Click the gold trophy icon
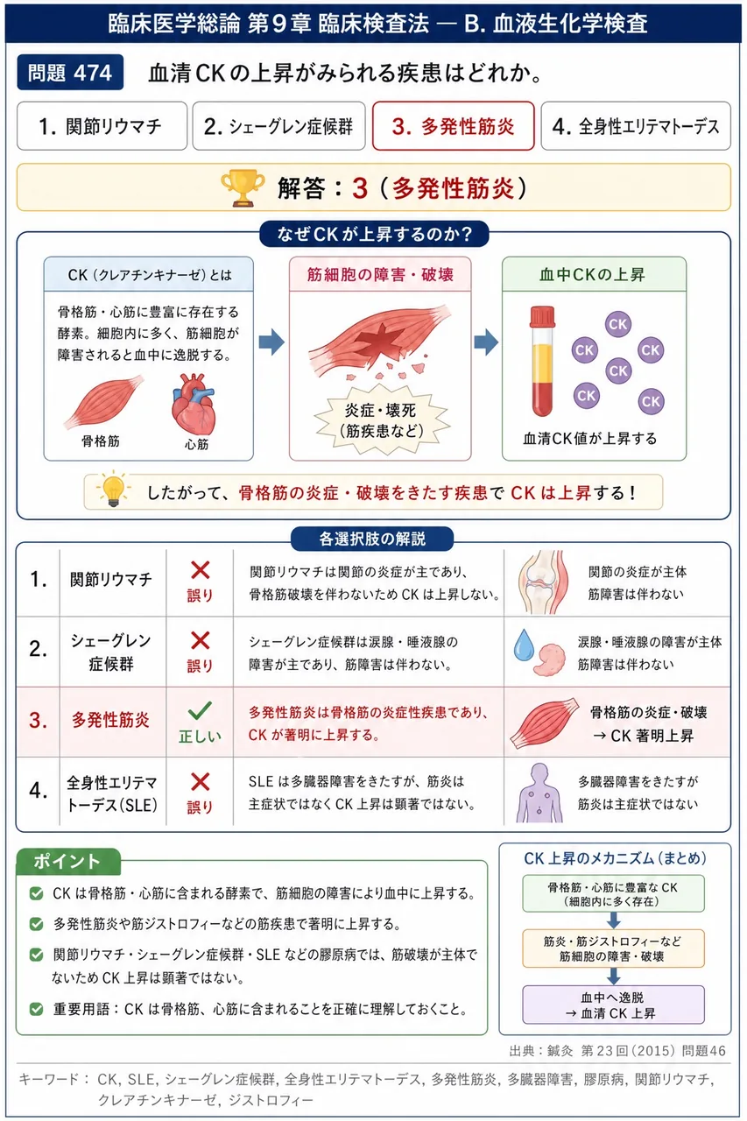coord(243,187)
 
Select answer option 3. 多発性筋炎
coord(454,126)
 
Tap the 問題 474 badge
coord(70,73)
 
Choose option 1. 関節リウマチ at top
coord(102,126)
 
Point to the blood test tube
coord(542,361)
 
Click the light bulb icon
coord(114,489)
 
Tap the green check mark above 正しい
coord(200,710)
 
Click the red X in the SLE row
coord(201,782)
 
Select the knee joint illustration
coord(543,582)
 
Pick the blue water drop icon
coord(524,645)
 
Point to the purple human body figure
coord(539,793)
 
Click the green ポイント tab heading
coord(68,861)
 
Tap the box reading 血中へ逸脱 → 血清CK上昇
coord(613,1005)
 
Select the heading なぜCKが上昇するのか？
coord(374,234)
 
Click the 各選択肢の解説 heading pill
coord(372,539)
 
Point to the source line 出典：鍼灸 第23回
coord(617,1050)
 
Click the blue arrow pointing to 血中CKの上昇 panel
coord(486,342)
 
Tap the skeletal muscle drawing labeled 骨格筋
coord(103,402)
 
